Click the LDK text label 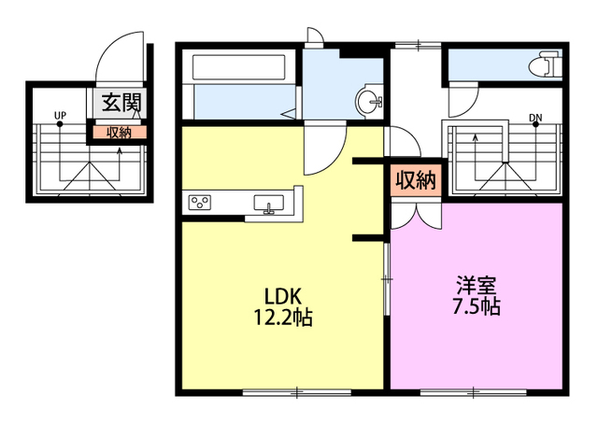pyautogui.click(x=280, y=296)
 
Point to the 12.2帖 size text pyautogui.click(x=281, y=318)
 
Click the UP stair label pyautogui.click(x=60, y=118)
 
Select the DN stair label pyautogui.click(x=535, y=118)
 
